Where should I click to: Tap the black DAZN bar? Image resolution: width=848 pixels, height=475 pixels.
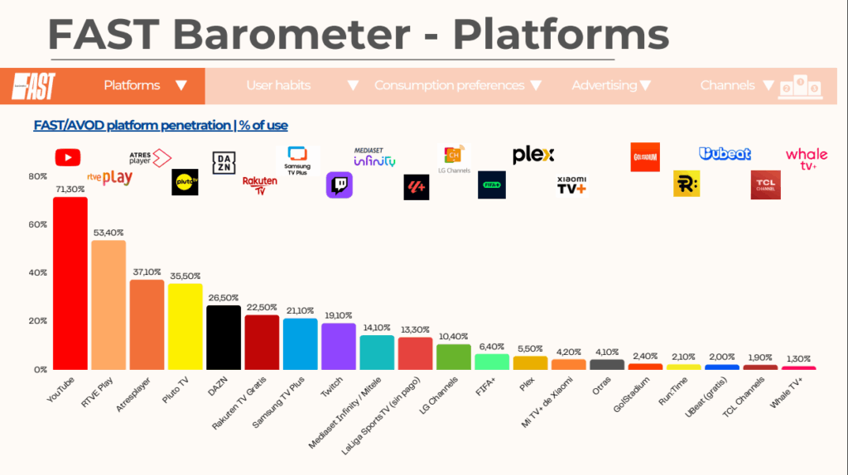pyautogui.click(x=224, y=337)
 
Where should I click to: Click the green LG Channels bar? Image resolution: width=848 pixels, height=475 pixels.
pyautogui.click(x=453, y=357)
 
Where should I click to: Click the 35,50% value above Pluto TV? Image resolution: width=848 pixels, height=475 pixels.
pyautogui.click(x=185, y=276)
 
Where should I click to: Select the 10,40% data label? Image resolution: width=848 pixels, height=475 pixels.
pyautogui.click(x=453, y=336)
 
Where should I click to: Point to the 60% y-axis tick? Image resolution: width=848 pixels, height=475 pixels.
pyautogui.click(x=38, y=224)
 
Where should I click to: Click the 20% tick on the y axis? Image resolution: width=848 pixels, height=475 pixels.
pyautogui.click(x=38, y=321)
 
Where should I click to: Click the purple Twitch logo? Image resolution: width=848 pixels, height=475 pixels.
pyautogui.click(x=339, y=185)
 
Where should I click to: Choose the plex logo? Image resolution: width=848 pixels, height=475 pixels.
pyautogui.click(x=533, y=155)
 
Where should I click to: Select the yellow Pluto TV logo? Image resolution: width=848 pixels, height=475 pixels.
pyautogui.click(x=185, y=182)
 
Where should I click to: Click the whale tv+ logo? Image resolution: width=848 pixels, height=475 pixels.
pyautogui.click(x=806, y=158)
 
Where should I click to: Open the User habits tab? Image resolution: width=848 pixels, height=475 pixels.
pyautogui.click(x=278, y=85)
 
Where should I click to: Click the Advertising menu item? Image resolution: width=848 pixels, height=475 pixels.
pyautogui.click(x=605, y=85)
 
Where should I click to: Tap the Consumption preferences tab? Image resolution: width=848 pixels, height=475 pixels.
pyautogui.click(x=450, y=85)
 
